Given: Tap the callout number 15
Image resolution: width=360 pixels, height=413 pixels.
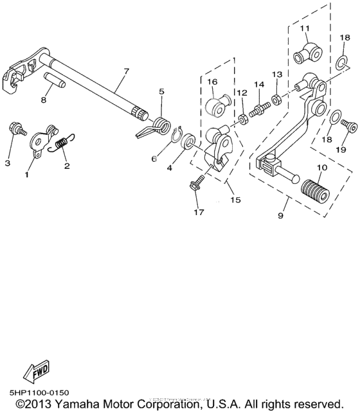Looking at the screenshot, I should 236,200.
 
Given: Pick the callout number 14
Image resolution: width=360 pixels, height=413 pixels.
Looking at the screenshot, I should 258,85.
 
